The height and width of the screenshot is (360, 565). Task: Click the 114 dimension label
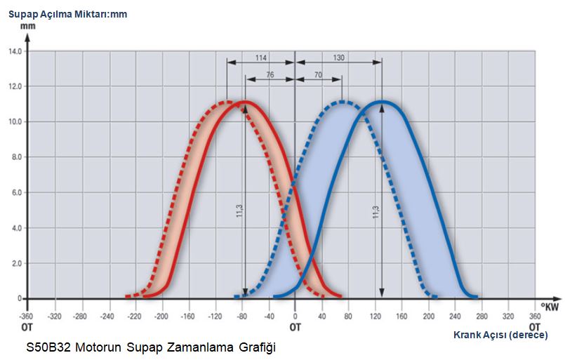coord(260,57)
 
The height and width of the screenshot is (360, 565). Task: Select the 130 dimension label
coord(338,57)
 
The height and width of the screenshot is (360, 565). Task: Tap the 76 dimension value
coord(270,75)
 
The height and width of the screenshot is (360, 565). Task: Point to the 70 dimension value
coord(317,75)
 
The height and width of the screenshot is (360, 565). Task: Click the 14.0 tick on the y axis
coord(15,51)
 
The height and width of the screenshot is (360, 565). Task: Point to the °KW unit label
coord(550,306)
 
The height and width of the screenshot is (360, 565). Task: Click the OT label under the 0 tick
coord(295,326)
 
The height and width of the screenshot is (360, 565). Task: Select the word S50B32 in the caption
coord(48,347)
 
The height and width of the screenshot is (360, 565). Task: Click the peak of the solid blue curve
coord(381,102)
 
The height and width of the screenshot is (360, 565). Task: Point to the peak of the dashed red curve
coord(227,102)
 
